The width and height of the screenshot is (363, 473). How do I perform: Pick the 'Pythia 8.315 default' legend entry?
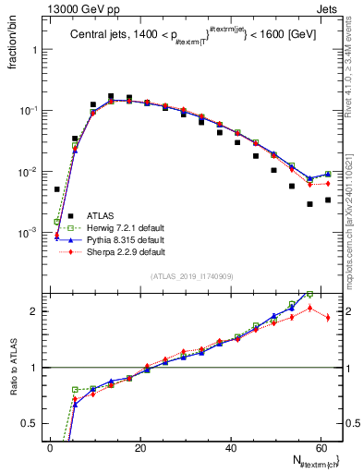tap(125, 238)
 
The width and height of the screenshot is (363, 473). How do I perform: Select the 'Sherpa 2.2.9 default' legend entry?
tap(125, 251)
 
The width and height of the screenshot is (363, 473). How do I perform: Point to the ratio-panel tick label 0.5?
tap(31, 424)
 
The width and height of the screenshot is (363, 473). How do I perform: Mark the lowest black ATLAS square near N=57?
tap(309, 203)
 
